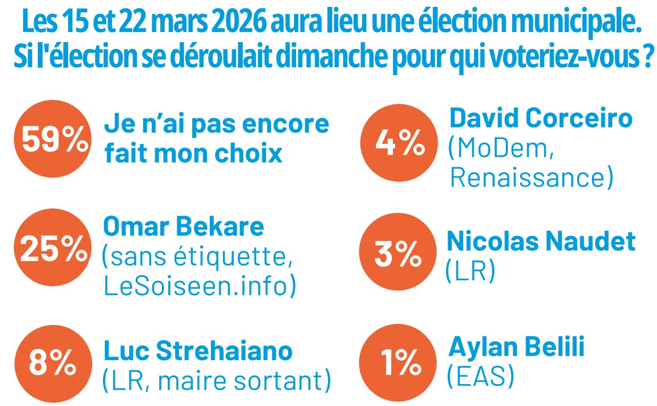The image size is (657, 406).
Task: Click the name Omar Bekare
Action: coord(183,226)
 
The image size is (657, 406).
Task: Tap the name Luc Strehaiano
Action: coord(198,351)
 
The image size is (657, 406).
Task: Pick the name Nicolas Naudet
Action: coord(541,241)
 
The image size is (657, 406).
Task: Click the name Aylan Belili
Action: coord(516,347)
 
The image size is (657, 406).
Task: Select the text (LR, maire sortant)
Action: coord(216,380)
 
